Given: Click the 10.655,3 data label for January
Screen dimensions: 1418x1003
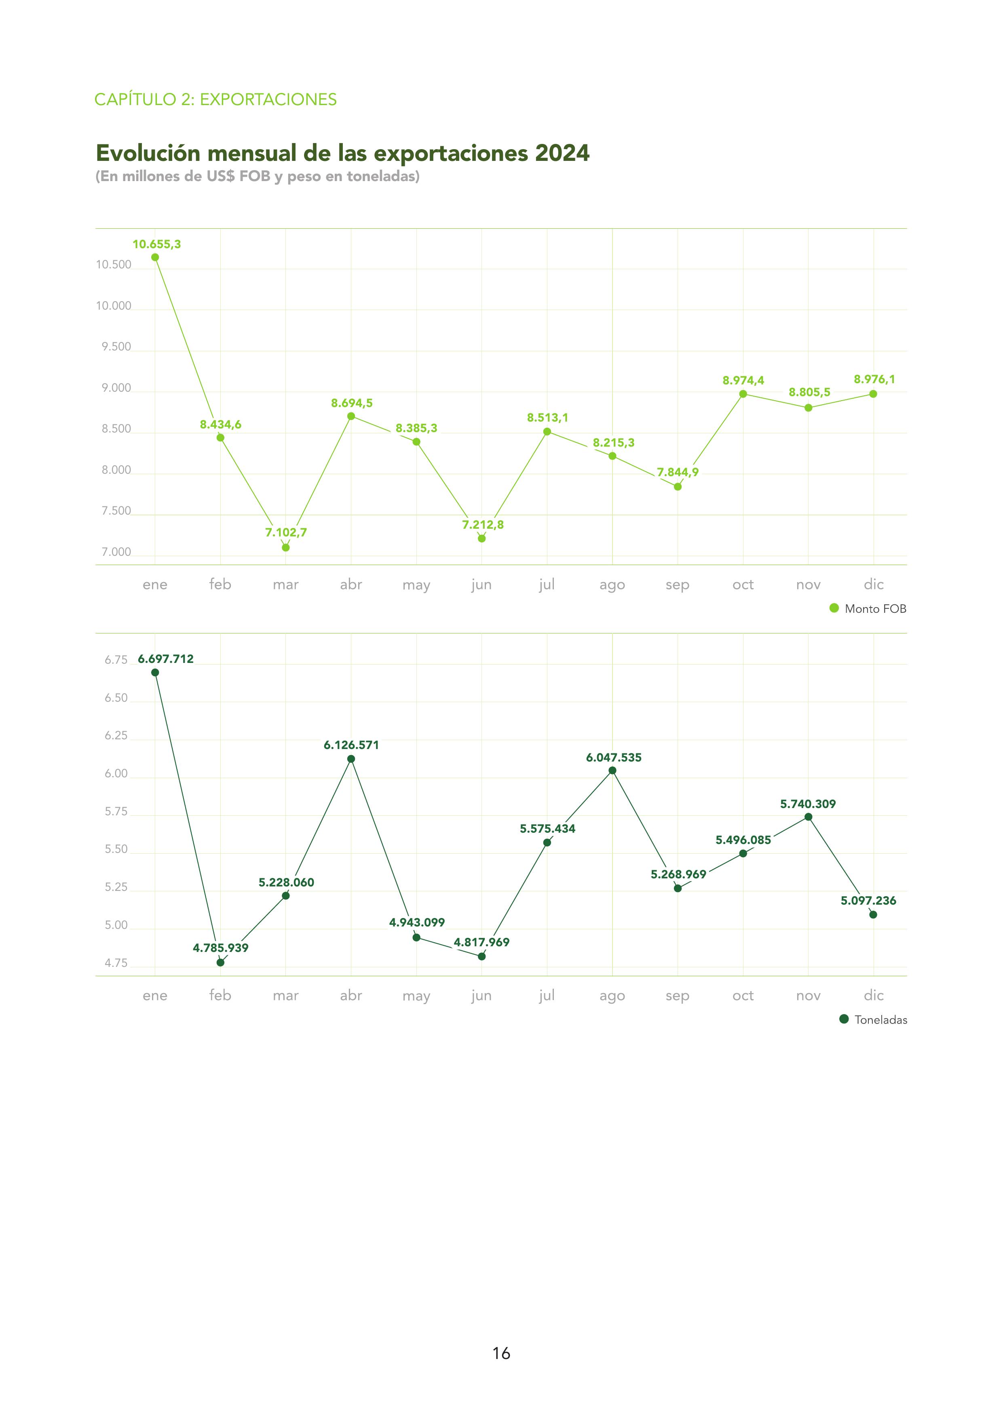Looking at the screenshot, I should click(x=156, y=244).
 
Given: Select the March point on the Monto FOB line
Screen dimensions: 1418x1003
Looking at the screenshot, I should click(x=285, y=547).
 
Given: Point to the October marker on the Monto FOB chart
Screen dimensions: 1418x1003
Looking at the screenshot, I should click(x=743, y=394).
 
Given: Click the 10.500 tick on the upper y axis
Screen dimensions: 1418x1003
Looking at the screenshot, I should click(x=114, y=265).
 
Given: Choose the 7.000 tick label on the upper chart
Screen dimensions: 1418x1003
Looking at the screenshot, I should click(x=116, y=552).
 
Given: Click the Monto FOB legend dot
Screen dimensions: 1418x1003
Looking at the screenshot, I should click(x=834, y=608).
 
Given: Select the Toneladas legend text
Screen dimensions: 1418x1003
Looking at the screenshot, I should click(x=881, y=1020).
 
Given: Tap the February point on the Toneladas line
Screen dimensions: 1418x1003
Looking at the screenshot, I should click(x=220, y=962).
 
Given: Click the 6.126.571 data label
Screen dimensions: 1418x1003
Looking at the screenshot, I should click(x=351, y=745).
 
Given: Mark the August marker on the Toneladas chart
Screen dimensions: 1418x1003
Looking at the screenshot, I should click(x=612, y=770).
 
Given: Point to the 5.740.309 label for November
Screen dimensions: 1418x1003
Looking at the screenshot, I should click(x=808, y=804).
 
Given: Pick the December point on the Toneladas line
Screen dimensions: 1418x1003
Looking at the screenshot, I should click(x=873, y=915).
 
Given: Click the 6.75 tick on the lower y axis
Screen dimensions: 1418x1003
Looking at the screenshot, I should click(x=116, y=660).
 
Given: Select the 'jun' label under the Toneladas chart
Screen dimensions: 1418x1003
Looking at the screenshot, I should click(x=481, y=996).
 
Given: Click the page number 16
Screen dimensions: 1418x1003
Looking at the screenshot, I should click(x=501, y=1353).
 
